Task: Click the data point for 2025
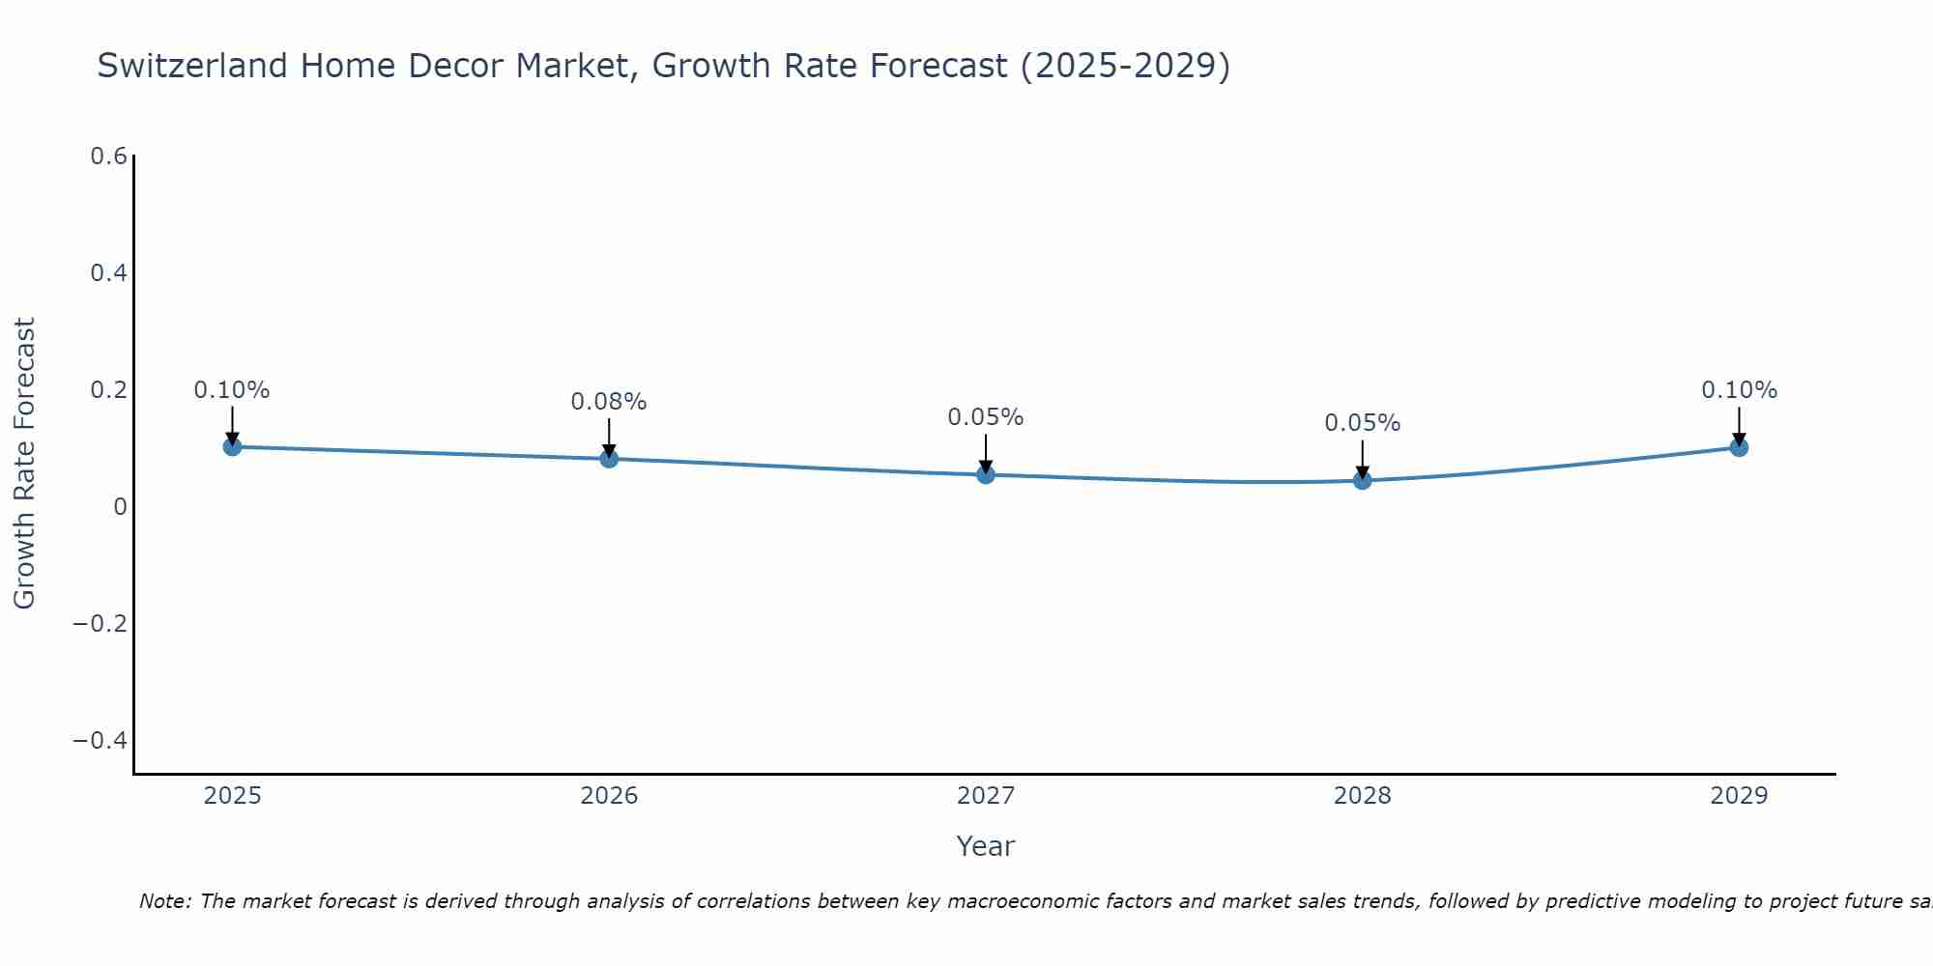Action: [x=232, y=446]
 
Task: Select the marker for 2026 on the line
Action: [x=609, y=458]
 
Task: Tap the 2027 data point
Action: [x=986, y=474]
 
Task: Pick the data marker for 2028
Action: [x=1363, y=480]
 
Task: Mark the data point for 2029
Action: [x=1739, y=446]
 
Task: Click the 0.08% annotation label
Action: [x=609, y=402]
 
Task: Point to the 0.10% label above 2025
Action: [x=232, y=390]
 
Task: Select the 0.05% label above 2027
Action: [x=986, y=417]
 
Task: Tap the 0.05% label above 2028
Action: [x=1363, y=423]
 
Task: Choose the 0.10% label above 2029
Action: [x=1739, y=390]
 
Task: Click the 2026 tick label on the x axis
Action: [x=609, y=796]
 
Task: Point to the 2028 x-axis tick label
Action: [x=1363, y=796]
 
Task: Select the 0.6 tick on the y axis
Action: [x=109, y=156]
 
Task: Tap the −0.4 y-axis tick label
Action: [x=101, y=740]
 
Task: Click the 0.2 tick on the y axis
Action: [x=109, y=390]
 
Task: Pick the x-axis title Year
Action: [x=986, y=846]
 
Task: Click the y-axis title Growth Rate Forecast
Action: [x=24, y=464]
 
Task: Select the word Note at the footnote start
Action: [x=164, y=901]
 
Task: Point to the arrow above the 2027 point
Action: [x=986, y=452]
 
